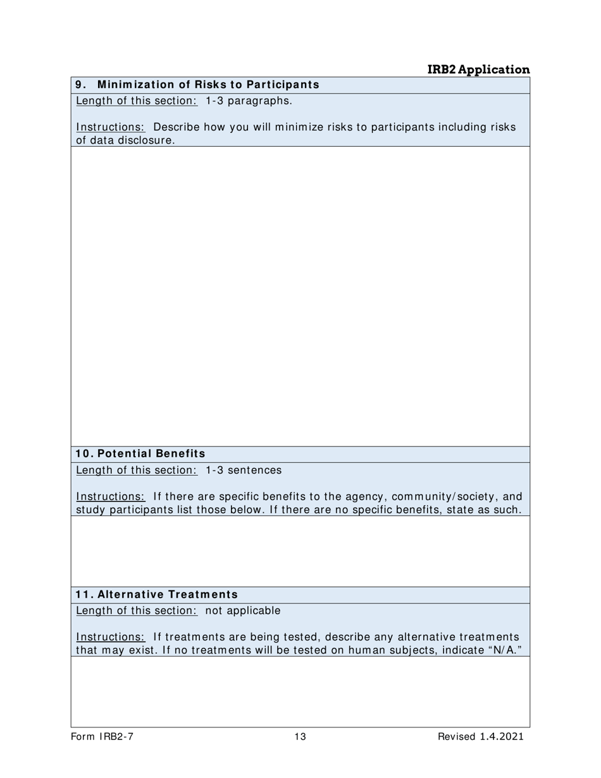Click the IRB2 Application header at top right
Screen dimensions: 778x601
coord(478,70)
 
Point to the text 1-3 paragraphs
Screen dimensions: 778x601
coord(249,101)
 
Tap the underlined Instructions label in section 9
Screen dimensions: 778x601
coord(110,127)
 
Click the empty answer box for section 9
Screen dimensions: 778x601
coord(300,296)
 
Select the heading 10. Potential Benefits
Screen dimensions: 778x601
coord(140,454)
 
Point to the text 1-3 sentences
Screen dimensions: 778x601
coord(244,470)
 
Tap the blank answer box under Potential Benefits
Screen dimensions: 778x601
coord(300,551)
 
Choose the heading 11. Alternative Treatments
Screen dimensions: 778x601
coord(157,595)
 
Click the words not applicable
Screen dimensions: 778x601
coord(243,610)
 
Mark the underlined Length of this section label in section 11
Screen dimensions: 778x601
coord(137,610)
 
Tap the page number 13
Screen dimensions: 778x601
coord(300,736)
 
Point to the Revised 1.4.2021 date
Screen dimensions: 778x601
coord(480,736)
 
